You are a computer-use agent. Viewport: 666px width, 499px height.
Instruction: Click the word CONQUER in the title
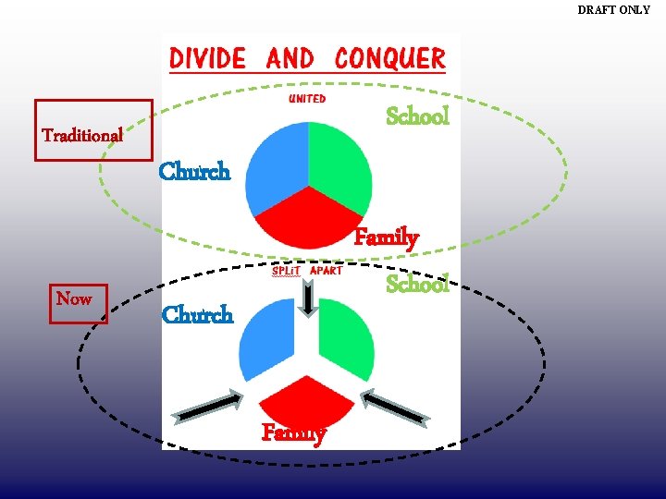pyautogui.click(x=389, y=58)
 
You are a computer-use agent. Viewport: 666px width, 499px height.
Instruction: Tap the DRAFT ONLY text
pyautogui.click(x=613, y=10)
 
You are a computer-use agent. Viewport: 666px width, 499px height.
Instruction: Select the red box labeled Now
pyautogui.click(x=79, y=302)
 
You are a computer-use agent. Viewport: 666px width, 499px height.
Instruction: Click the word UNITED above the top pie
pyautogui.click(x=307, y=99)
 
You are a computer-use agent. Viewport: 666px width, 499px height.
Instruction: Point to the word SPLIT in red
pyautogui.click(x=287, y=271)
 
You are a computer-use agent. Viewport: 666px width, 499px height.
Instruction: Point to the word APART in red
pyautogui.click(x=326, y=271)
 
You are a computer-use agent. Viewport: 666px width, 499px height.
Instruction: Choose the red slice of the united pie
pyautogui.click(x=308, y=222)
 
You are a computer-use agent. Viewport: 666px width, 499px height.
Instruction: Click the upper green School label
pyautogui.click(x=417, y=116)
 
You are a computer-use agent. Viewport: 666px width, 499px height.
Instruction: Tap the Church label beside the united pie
pyautogui.click(x=194, y=172)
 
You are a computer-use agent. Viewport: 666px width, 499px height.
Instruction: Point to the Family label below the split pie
pyautogui.click(x=293, y=432)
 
